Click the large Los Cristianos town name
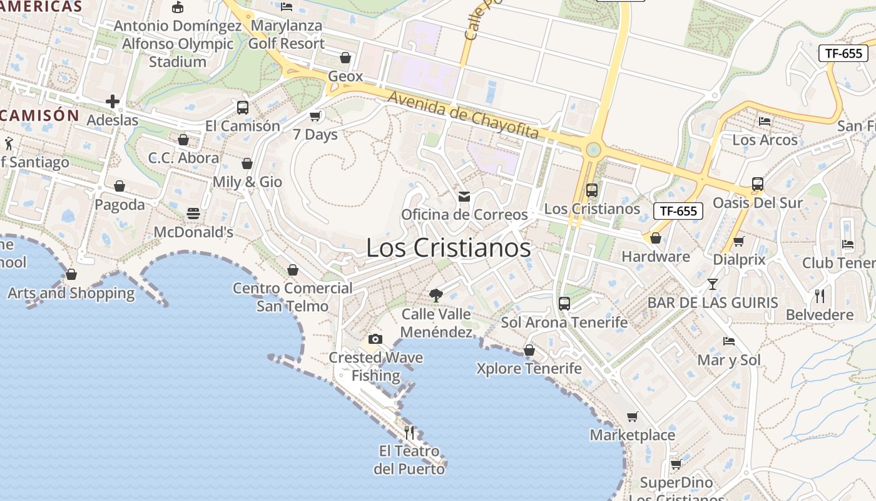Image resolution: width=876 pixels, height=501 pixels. tap(448, 248)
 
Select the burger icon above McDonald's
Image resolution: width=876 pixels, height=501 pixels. tap(193, 214)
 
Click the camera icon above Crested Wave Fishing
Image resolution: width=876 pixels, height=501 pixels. tap(375, 339)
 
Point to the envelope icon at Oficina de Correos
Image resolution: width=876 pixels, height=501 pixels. tap(464, 197)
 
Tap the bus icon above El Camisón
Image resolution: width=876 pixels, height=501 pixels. tap(243, 107)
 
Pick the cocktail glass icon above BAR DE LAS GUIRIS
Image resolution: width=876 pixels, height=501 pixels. tap(713, 284)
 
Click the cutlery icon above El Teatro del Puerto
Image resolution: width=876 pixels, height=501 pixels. tap(409, 432)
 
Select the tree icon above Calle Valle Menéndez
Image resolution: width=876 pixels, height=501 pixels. tap(436, 295)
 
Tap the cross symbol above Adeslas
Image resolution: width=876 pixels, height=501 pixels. tap(113, 101)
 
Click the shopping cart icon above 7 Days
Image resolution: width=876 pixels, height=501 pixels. tap(315, 116)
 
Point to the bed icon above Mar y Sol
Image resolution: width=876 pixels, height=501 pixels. tap(729, 341)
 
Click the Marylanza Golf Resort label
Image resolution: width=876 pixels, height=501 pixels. tap(287, 35)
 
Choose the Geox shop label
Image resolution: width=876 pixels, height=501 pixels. tap(345, 76)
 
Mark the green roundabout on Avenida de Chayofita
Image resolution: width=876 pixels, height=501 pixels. tap(593, 150)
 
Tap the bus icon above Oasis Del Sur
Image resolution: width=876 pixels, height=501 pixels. tap(758, 184)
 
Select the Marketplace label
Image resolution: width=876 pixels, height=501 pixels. tap(633, 435)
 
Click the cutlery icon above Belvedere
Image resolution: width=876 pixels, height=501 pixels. tap(820, 296)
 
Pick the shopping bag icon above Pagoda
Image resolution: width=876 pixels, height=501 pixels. tap(120, 186)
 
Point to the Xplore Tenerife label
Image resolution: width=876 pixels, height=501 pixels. tap(529, 368)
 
